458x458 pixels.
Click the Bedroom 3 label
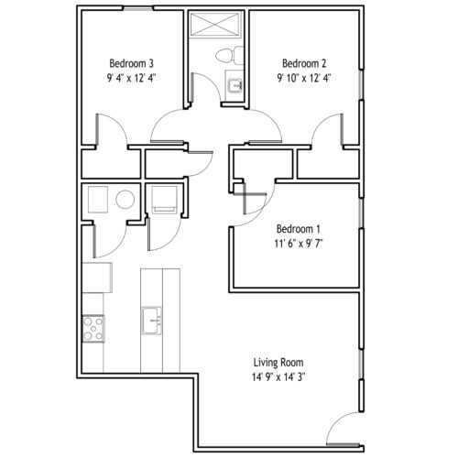tap(131, 63)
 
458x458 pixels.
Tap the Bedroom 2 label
tap(304, 63)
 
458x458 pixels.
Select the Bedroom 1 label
tap(298, 229)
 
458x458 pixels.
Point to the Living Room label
tap(278, 363)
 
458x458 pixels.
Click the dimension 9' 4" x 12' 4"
tap(131, 78)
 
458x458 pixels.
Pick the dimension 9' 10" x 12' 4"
tap(304, 78)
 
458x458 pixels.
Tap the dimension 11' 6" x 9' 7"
tap(299, 244)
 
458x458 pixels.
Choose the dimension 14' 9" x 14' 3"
tap(278, 377)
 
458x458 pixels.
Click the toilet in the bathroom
tap(230, 56)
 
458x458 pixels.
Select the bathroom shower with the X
tap(216, 24)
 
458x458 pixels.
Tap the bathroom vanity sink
tap(235, 85)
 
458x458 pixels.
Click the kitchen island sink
tap(151, 321)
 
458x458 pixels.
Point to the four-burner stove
tap(93, 329)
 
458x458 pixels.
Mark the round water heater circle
tap(125, 200)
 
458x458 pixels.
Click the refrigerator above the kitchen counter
tap(97, 278)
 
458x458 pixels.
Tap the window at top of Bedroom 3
tap(138, 8)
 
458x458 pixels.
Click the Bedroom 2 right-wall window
tap(361, 84)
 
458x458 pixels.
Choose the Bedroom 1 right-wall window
tap(361, 213)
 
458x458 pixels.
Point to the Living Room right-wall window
tap(361, 365)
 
